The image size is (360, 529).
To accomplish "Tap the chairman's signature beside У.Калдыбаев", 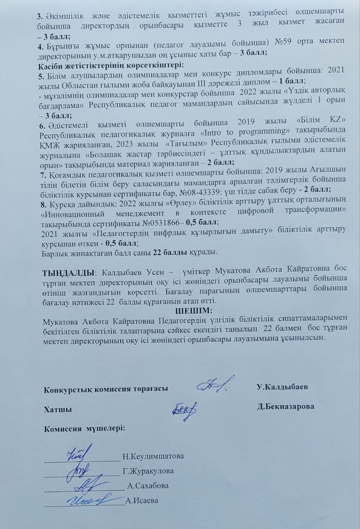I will click(215, 386).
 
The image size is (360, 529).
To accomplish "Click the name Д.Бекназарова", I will click(285, 406).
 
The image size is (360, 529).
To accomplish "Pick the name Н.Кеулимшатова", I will click(153, 456).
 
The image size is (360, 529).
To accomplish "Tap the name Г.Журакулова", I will click(148, 471).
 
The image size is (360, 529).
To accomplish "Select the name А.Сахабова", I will click(148, 486).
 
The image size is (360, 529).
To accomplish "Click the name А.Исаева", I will click(142, 501).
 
